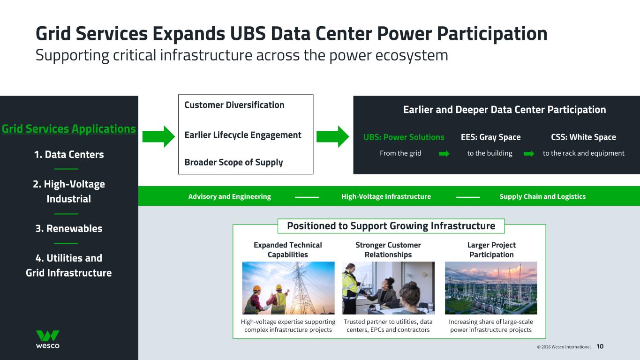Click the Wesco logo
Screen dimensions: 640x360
pos(48,339)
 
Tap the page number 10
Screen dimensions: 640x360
pos(600,346)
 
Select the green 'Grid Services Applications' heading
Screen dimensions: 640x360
pos(69,129)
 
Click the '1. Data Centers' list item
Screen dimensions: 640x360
pos(69,155)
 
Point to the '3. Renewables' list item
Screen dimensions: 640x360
pos(69,229)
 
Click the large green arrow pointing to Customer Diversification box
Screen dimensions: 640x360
pos(158,136)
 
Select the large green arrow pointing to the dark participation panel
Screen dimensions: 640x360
pos(332,136)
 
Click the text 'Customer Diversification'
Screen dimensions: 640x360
pos(234,105)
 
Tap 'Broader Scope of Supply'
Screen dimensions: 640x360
pos(233,162)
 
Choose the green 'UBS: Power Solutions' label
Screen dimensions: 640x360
pos(404,137)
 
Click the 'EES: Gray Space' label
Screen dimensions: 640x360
pos(490,137)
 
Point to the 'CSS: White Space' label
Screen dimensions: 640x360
pos(583,137)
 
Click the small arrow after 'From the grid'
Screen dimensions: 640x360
pos(444,154)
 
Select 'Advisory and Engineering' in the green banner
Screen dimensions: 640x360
pos(229,196)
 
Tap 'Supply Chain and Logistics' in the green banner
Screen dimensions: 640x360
pos(542,196)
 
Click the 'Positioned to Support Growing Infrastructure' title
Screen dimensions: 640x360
pos(391,226)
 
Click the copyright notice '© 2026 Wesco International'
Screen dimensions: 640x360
pos(564,347)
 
